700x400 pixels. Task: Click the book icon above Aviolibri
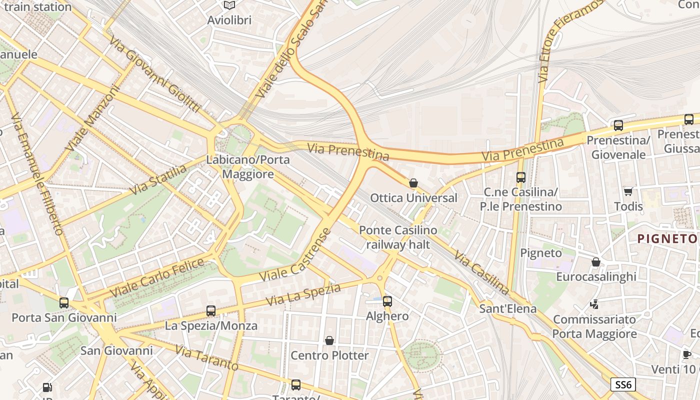coord(229,5)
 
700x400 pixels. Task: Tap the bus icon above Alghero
coord(387,301)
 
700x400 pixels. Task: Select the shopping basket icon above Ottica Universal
coord(413,183)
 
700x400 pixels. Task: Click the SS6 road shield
coord(623,384)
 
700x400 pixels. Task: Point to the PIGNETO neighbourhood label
coord(667,239)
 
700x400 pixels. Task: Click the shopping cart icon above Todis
coord(628,192)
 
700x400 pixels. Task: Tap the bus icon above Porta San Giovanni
coord(64,303)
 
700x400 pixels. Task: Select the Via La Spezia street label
coord(303,295)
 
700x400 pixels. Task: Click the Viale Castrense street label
coord(295,255)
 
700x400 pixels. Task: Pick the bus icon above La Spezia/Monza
coord(211,311)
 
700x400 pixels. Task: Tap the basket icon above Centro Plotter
coord(329,341)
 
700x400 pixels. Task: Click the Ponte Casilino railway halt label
coord(398,237)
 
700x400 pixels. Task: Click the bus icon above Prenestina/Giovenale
coord(618,125)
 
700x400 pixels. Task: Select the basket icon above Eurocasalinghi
coord(596,262)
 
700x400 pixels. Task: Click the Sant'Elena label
coord(507,308)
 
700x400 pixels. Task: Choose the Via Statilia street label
coord(158,180)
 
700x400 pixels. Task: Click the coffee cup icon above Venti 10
coord(686,355)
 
